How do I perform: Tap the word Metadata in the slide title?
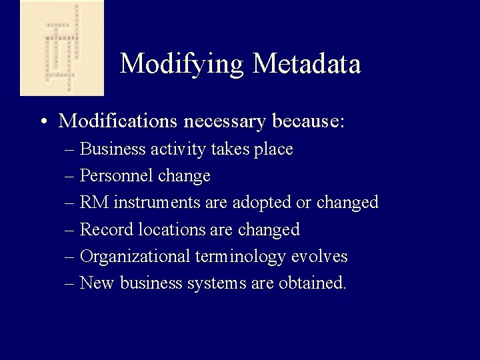click(x=307, y=64)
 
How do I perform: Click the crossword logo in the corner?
click(x=62, y=48)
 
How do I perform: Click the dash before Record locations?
click(x=70, y=230)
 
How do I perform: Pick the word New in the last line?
click(x=97, y=283)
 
